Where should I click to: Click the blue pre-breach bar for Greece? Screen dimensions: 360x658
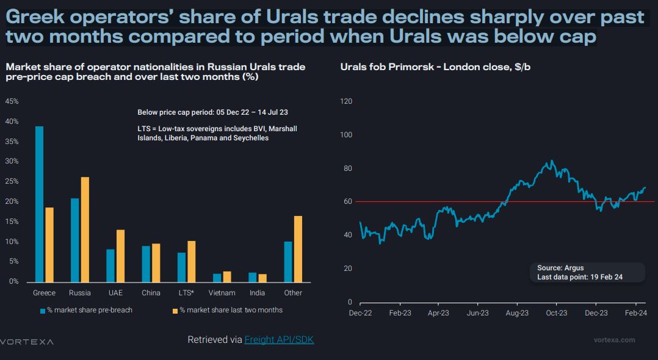tap(39, 204)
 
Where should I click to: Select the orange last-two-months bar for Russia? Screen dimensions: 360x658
tap(85, 229)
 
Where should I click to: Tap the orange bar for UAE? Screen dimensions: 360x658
tap(120, 256)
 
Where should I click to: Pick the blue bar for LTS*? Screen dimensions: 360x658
tap(181, 267)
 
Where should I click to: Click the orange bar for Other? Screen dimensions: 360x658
tap(298, 249)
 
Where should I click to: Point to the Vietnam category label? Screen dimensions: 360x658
tap(222, 293)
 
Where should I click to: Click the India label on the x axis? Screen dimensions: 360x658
tap(258, 293)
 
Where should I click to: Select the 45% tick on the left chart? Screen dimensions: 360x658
tap(12, 101)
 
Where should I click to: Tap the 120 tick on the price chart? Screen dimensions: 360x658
tap(346, 101)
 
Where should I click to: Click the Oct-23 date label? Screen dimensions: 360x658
tap(556, 313)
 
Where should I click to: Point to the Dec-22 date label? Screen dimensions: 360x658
tap(360, 313)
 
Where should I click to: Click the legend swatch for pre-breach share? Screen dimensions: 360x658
tap(43, 311)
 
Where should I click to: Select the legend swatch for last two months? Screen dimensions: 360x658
tap(175, 311)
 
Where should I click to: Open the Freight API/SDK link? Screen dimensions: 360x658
tap(279, 340)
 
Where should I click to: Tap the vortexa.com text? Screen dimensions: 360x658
tap(614, 340)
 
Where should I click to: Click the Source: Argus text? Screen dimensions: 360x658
tap(560, 268)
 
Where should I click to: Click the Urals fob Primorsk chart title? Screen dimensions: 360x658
tap(435, 67)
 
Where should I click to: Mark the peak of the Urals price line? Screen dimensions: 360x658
tap(552, 161)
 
